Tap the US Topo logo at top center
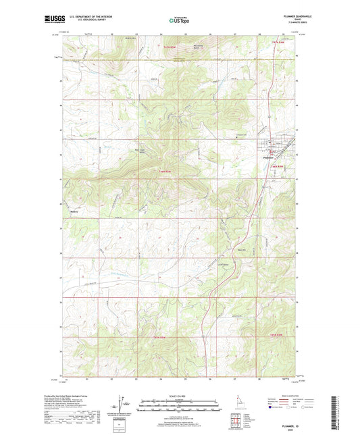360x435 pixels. click(x=180, y=20)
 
